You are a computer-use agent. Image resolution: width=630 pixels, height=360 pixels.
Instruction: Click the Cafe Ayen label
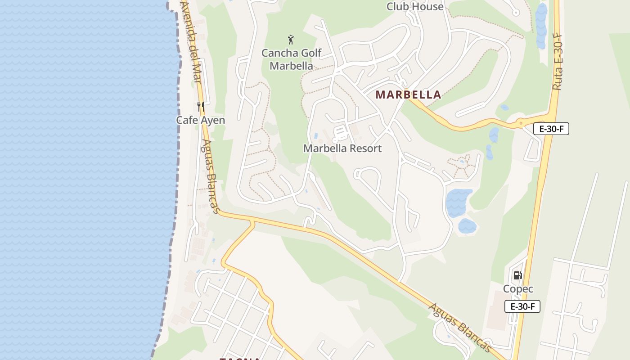tap(200, 120)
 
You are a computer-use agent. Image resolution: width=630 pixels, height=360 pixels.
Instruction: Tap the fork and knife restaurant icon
tap(201, 107)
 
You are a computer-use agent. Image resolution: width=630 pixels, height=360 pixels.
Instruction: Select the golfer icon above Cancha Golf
tap(291, 40)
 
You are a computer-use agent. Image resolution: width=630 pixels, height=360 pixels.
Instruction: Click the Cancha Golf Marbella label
tap(292, 59)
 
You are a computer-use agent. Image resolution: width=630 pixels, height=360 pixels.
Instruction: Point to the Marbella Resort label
tap(342, 148)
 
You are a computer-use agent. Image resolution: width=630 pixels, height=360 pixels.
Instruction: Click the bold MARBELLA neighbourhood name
tap(408, 95)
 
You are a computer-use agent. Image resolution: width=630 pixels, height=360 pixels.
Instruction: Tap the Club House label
tap(415, 6)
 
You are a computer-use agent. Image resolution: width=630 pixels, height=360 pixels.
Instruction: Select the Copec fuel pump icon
tap(517, 275)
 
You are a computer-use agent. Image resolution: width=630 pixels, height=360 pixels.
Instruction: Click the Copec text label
tap(518, 289)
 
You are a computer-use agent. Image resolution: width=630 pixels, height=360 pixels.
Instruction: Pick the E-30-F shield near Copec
tap(522, 307)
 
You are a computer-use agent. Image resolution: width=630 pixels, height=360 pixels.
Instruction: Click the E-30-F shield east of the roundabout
tap(551, 129)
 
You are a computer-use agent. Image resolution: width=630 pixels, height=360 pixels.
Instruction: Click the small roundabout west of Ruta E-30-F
tap(520, 122)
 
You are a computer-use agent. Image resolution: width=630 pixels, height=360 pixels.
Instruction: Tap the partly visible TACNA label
tap(240, 359)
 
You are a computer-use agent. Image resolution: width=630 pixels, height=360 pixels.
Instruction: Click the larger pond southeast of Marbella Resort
tap(458, 202)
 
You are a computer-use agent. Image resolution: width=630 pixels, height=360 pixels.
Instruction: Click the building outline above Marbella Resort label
tap(341, 133)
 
